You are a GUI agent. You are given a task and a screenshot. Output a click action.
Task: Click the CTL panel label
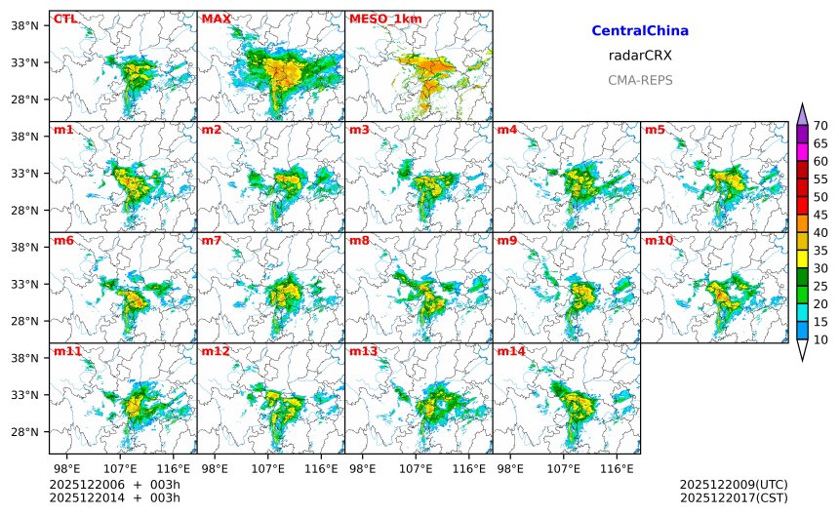point(65,19)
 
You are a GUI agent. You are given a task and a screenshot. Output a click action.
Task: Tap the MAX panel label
point(216,19)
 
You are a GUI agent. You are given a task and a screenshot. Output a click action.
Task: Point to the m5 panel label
point(654,130)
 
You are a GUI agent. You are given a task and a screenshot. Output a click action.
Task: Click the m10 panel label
point(657,240)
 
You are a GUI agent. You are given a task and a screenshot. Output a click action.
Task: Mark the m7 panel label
point(212,240)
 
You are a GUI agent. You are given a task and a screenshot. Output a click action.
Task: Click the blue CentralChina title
point(640,31)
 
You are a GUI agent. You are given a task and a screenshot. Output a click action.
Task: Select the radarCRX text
point(640,56)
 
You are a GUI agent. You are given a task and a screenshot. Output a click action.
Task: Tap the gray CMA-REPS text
point(640,80)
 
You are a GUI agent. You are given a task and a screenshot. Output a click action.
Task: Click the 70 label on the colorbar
point(820,125)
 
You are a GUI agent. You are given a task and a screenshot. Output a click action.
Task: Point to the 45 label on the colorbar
point(820,215)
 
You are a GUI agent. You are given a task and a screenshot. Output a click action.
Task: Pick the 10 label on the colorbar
point(820,339)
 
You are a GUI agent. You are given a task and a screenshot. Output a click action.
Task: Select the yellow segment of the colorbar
point(803,258)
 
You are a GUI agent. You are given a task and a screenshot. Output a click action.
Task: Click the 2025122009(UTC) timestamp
point(733,484)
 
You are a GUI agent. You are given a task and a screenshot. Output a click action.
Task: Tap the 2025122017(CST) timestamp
point(733,497)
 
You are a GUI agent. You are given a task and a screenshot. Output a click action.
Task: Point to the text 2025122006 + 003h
point(115,484)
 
